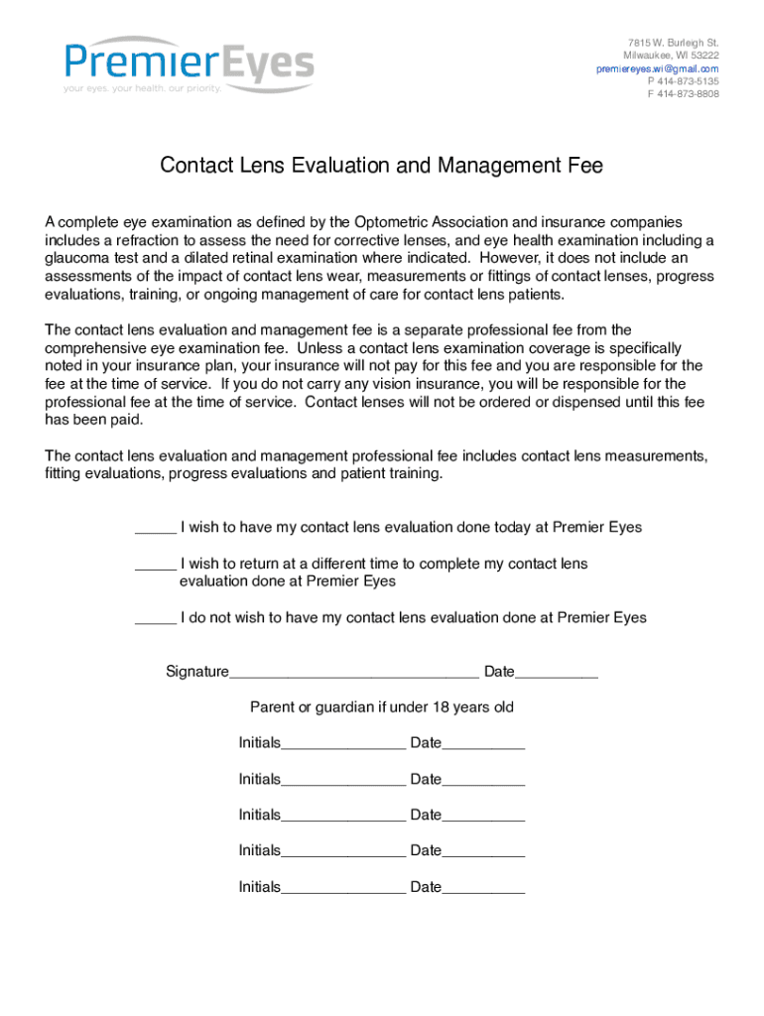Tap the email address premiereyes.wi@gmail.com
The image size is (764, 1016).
pyautogui.click(x=657, y=68)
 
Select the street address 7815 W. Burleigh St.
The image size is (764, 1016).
pyautogui.click(x=673, y=43)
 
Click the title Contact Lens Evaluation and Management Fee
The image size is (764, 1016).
pyautogui.click(x=382, y=167)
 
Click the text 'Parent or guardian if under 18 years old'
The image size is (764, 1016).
pyautogui.click(x=382, y=707)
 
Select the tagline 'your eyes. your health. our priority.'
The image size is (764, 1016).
pyautogui.click(x=142, y=88)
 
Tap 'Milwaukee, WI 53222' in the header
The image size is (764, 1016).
pyautogui.click(x=671, y=56)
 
